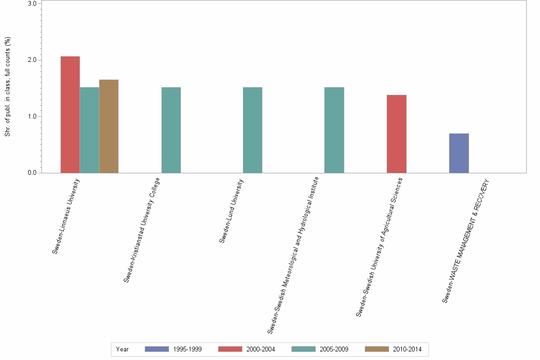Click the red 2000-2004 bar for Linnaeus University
pyautogui.click(x=70, y=114)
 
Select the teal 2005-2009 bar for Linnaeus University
pyautogui.click(x=90, y=130)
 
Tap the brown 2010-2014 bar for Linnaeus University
pyautogui.click(x=109, y=126)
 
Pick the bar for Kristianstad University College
pyautogui.click(x=171, y=130)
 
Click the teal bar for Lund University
pyautogui.click(x=252, y=130)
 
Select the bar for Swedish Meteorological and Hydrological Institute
pyautogui.click(x=334, y=130)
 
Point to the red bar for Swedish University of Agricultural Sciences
pyautogui.click(x=397, y=133)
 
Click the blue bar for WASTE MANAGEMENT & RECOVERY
pyautogui.click(x=459, y=153)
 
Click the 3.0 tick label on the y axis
pyautogui.click(x=32, y=4)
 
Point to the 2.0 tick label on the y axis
pyautogui.click(x=32, y=60)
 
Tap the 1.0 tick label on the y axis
pyautogui.click(x=32, y=116)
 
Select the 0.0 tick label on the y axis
pyautogui.click(x=32, y=173)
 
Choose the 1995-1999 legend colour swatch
pyautogui.click(x=157, y=349)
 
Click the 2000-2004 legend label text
pyautogui.click(x=260, y=349)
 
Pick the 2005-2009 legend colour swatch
pyautogui.click(x=303, y=349)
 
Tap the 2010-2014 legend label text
pyautogui.click(x=407, y=349)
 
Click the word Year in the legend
pyautogui.click(x=122, y=349)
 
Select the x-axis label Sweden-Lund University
pyautogui.click(x=232, y=210)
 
